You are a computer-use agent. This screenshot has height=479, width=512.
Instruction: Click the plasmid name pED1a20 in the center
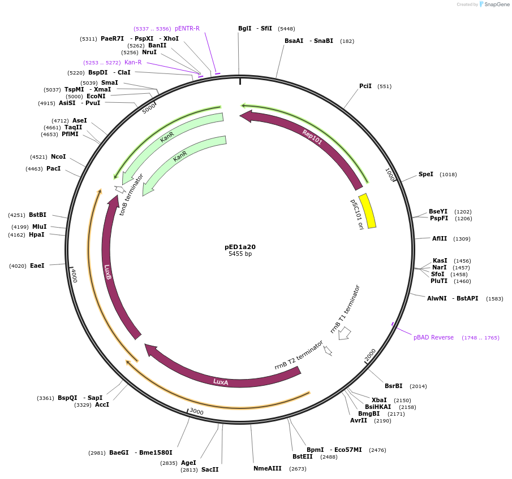tap(240, 247)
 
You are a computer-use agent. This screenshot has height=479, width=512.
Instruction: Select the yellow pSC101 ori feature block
tap(368, 211)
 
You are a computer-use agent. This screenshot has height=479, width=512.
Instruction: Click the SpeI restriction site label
tap(425, 174)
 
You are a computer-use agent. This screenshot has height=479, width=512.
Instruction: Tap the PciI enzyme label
tap(365, 86)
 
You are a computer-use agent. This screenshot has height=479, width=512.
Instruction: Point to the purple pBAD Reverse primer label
tap(433, 337)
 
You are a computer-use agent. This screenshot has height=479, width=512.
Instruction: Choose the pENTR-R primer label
tap(187, 28)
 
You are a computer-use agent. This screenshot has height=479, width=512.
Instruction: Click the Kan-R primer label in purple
tap(133, 62)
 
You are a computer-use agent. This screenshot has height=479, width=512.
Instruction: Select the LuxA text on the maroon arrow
tap(221, 382)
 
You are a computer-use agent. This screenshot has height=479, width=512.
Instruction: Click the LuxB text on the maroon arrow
tap(107, 272)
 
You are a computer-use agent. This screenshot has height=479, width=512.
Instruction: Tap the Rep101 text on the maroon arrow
tap(312, 137)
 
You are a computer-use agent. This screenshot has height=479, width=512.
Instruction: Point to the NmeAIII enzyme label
tap(267, 468)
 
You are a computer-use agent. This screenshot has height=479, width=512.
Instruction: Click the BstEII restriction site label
tap(302, 456)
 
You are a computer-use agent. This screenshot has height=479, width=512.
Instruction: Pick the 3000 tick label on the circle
tap(196, 412)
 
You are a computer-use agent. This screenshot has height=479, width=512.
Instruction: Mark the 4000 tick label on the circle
tap(74, 276)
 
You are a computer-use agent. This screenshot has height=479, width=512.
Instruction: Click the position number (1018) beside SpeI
tap(448, 175)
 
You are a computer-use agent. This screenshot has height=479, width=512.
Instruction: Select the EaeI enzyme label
tap(37, 265)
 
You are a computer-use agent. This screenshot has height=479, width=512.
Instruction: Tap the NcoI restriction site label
tap(58, 156)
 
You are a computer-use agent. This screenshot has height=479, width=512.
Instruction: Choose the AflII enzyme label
tap(440, 238)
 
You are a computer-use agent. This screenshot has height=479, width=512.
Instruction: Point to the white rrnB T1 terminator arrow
tap(344, 333)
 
